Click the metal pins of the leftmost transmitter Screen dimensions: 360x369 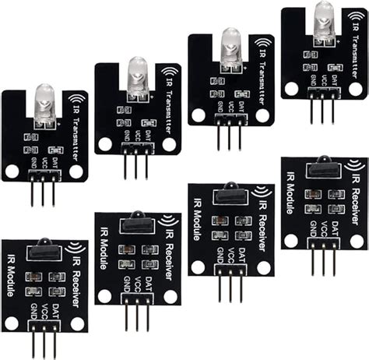[45, 189]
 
